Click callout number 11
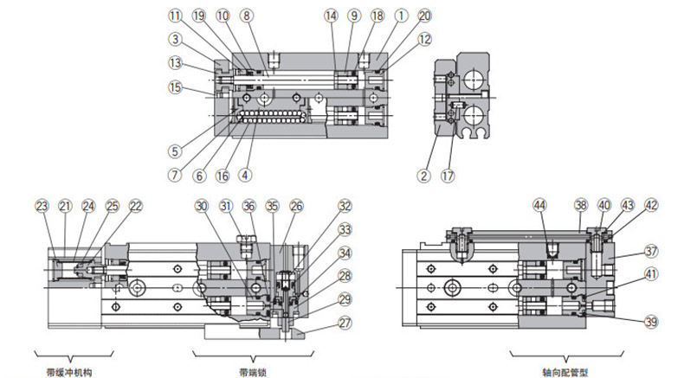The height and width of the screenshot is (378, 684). [176, 16]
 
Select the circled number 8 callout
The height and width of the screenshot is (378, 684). [247, 16]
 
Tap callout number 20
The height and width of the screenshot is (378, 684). [424, 16]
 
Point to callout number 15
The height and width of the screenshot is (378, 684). [176, 87]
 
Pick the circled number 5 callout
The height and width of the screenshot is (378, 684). [176, 151]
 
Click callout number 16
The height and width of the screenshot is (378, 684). [223, 176]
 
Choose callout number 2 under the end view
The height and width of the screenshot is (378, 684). [424, 176]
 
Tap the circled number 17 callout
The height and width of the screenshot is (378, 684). [448, 176]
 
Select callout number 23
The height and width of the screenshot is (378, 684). [42, 206]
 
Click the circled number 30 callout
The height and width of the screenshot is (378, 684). [202, 206]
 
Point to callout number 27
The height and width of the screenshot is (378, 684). [345, 323]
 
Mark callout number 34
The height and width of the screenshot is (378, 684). [345, 253]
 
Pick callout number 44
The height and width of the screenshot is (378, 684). [540, 205]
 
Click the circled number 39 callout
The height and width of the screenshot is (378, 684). [651, 322]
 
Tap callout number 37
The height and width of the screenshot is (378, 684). [651, 251]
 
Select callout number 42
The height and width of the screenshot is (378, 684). [651, 205]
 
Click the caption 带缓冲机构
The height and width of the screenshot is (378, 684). [69, 372]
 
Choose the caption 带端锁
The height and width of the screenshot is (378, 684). [253, 372]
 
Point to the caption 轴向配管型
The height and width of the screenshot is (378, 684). [565, 372]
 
